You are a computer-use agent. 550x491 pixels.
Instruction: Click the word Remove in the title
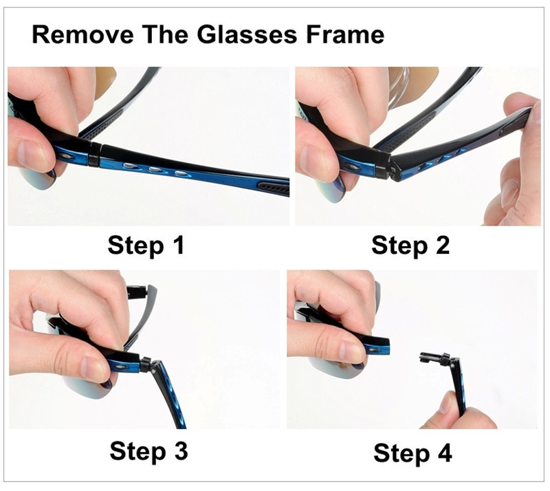coord(82,35)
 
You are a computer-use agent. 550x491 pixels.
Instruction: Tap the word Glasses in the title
coord(247,35)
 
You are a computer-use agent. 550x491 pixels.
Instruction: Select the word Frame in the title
coord(345,35)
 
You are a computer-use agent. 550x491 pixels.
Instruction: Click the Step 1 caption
coord(146,245)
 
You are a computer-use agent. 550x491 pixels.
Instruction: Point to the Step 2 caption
coord(410,245)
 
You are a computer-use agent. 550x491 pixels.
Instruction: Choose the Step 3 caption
coord(148,450)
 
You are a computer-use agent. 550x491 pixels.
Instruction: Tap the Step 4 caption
coord(412,452)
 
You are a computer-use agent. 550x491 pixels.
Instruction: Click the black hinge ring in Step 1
coord(94,155)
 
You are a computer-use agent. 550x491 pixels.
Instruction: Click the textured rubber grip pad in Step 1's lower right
coord(274,188)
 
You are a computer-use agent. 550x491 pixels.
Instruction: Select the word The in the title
coord(165,35)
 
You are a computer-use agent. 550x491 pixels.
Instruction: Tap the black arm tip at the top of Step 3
coord(137,292)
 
